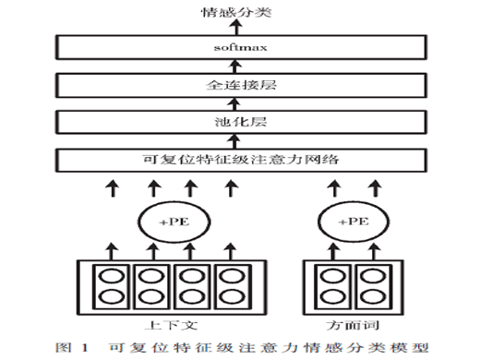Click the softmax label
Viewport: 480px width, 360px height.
[x=240, y=47]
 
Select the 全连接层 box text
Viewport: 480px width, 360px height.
[x=241, y=85]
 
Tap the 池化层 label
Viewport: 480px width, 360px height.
[x=241, y=122]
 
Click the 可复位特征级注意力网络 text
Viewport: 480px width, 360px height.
[x=241, y=160]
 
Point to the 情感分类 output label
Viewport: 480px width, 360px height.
[x=236, y=12]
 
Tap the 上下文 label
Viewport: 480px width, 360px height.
[x=171, y=325]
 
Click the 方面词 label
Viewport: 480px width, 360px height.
[x=353, y=325]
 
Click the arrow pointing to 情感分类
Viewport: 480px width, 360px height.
[x=236, y=27]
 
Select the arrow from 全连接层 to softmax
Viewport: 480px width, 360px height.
[x=235, y=66]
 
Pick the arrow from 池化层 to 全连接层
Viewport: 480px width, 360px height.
[x=234, y=104]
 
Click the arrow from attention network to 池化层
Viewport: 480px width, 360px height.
[x=234, y=141]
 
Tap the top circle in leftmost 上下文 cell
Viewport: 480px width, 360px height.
[x=112, y=276]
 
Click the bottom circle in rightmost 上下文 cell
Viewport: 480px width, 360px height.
[x=233, y=297]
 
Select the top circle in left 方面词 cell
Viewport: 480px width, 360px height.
[x=333, y=276]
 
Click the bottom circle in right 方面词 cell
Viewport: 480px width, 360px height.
[x=373, y=297]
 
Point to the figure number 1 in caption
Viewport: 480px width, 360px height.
[x=85, y=348]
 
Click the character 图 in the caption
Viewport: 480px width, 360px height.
[x=63, y=348]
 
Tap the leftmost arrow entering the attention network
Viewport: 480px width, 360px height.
[x=113, y=188]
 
